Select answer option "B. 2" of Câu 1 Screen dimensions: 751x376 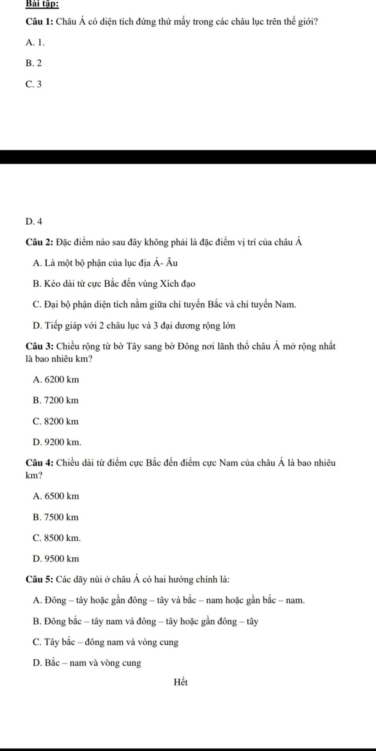[34, 63]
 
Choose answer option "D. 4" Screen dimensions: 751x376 [34, 221]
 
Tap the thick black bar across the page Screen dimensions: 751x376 [188, 157]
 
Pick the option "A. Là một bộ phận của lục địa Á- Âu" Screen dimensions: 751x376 [105, 263]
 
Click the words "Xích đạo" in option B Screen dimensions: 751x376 [179, 284]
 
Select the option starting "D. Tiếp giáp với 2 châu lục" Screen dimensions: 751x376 [134, 325]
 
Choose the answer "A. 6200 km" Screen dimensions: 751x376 [56, 380]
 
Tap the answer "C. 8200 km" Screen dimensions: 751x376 [56, 421]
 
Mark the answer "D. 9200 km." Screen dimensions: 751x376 [57, 442]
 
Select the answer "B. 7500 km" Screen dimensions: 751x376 [56, 517]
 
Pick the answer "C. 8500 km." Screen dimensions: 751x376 [57, 538]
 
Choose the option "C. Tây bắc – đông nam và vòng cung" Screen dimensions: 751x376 [105, 642]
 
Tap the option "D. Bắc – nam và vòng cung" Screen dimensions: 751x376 [87, 663]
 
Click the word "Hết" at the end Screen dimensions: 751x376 [181, 682]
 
